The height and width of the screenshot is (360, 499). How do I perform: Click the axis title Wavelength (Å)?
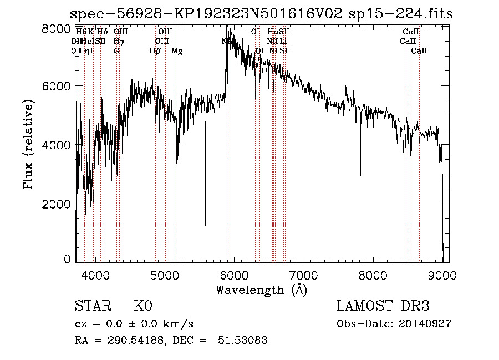(261, 290)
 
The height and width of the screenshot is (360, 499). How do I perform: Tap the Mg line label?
(177, 51)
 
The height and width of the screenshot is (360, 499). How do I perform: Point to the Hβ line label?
(155, 51)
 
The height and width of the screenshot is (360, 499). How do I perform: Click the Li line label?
(283, 41)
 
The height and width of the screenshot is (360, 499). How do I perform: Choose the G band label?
(116, 51)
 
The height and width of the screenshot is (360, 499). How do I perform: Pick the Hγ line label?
(118, 41)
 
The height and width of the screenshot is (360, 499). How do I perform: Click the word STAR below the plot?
(92, 306)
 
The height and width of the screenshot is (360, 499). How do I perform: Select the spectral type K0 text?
(143, 306)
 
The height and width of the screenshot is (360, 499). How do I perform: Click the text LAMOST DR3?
(383, 306)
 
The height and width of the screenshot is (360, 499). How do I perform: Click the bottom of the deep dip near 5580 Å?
(205, 225)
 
